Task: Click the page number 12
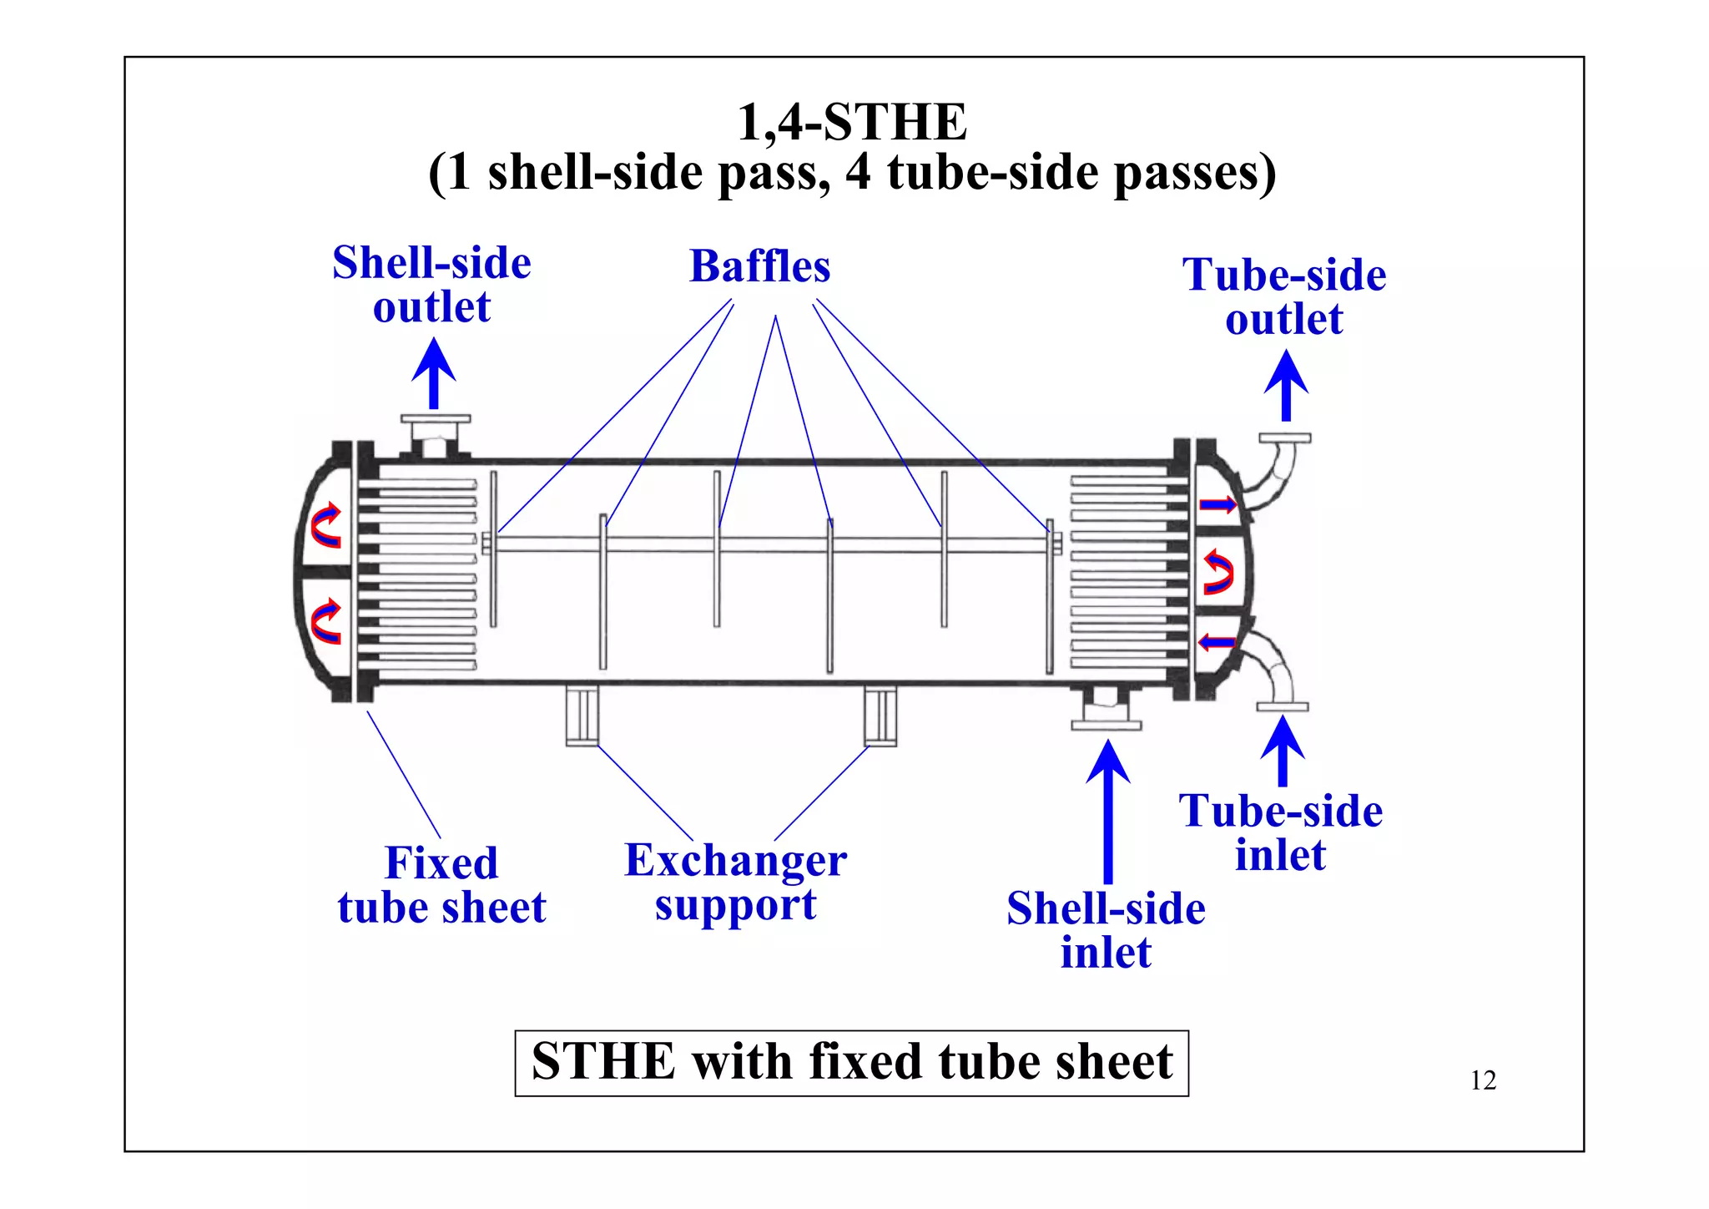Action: pos(1483,1080)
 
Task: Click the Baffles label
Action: pos(759,267)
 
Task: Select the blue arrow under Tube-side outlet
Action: pos(1286,386)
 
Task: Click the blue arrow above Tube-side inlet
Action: pos(1283,751)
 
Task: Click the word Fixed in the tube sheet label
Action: pos(441,863)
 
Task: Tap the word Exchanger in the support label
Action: pos(735,861)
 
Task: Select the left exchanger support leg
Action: pos(582,716)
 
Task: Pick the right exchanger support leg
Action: pos(880,716)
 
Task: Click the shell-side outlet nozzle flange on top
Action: pos(435,420)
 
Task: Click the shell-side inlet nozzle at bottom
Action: pos(1106,710)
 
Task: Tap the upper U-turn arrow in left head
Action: pos(326,526)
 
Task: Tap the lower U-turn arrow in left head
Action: pos(326,623)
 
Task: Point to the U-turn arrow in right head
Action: pos(1218,572)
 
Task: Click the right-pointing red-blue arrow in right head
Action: pos(1217,504)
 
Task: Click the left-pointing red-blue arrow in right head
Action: pos(1217,642)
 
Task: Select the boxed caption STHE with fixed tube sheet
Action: pos(851,1063)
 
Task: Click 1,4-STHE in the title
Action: pos(852,123)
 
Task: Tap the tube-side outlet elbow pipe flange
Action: pos(1284,438)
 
